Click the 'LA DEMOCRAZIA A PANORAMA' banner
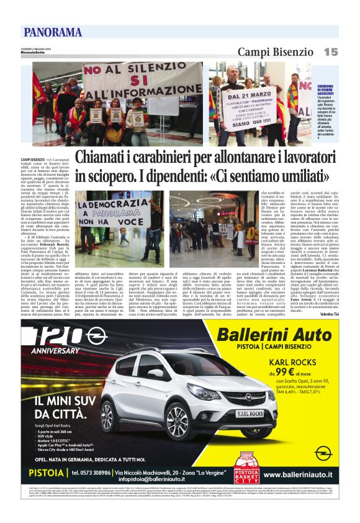pos(107,211)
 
